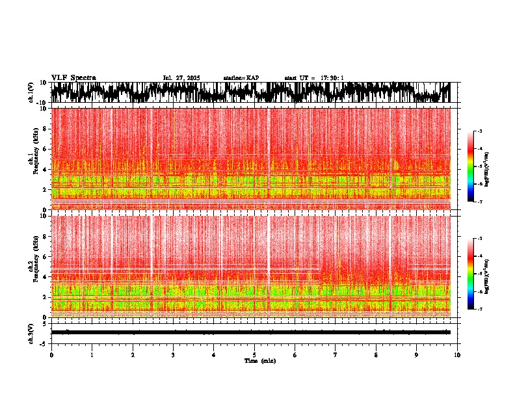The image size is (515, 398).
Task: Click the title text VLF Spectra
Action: pyautogui.click(x=73, y=78)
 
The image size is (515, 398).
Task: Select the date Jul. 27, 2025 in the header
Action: pyautogui.click(x=181, y=78)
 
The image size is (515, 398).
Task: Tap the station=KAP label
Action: pyautogui.click(x=241, y=78)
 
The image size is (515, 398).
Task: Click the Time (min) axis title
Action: pyautogui.click(x=259, y=360)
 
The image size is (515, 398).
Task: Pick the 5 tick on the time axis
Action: pyautogui.click(x=254, y=355)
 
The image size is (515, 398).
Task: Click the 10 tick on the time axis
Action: pyautogui.click(x=457, y=355)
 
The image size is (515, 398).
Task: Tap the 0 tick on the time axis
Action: pyautogui.click(x=51, y=355)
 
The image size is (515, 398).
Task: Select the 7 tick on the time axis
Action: pyautogui.click(x=336, y=355)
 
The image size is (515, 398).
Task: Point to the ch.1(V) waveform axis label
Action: pyautogui.click(x=31, y=92)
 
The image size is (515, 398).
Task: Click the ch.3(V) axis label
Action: pyautogui.click(x=31, y=332)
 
